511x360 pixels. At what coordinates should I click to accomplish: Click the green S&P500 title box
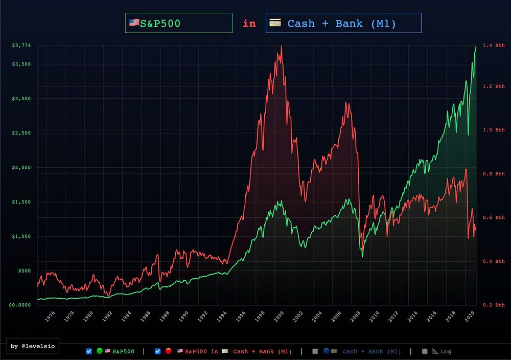(x=178, y=23)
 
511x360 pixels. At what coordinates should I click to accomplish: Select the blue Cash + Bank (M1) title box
(x=343, y=23)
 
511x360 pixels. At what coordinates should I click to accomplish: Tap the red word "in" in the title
(x=249, y=23)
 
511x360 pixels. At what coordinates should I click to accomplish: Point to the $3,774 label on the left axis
(x=21, y=46)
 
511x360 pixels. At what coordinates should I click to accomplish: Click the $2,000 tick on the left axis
(x=21, y=167)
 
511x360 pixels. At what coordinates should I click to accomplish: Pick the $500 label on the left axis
(x=24, y=271)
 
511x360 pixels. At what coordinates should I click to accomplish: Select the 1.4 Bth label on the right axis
(x=493, y=46)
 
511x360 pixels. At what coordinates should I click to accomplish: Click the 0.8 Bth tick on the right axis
(x=493, y=174)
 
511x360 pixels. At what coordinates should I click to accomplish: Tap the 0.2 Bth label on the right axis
(x=493, y=305)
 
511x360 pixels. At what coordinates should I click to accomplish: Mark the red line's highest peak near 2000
(x=281, y=47)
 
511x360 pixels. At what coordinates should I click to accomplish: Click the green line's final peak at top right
(x=476, y=46)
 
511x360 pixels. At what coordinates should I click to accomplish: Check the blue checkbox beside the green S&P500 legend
(x=89, y=351)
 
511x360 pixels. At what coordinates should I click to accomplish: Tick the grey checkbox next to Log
(x=425, y=351)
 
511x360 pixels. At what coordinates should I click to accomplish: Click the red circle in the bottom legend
(x=168, y=351)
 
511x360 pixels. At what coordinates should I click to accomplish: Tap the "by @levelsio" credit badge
(x=32, y=346)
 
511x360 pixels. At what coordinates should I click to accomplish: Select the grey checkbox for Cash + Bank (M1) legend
(x=315, y=351)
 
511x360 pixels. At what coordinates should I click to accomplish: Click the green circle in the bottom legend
(x=100, y=351)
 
